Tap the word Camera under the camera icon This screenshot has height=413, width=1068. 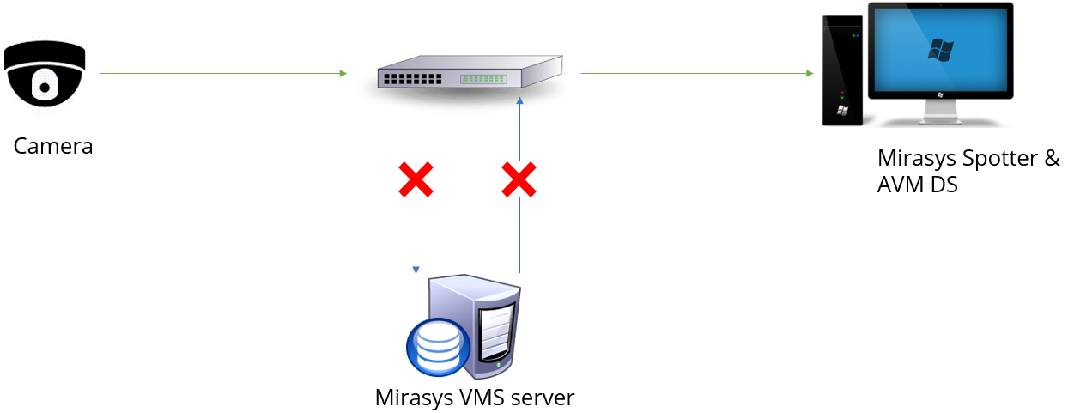click(x=53, y=146)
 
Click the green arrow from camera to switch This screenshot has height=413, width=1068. click(x=223, y=74)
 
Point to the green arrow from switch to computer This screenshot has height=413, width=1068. click(x=696, y=74)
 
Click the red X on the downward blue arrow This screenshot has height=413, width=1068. click(x=416, y=180)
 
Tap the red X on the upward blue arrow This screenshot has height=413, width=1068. click(x=519, y=180)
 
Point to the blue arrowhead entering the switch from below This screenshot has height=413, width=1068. click(x=519, y=102)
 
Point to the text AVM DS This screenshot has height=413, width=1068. click(x=917, y=184)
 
